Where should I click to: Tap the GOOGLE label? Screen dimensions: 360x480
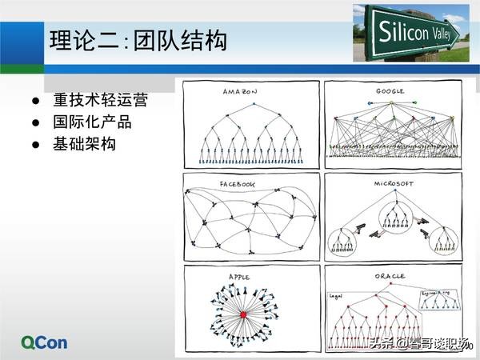tap(390, 92)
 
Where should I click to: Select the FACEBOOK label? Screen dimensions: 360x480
tap(238, 185)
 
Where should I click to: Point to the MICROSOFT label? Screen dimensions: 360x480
tap(392, 184)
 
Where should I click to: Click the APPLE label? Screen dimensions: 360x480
tap(239, 277)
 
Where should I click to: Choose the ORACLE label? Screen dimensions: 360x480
tap(390, 277)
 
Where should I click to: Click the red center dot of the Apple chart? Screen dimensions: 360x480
tap(242, 317)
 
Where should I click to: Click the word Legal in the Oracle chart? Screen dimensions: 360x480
tap(336, 295)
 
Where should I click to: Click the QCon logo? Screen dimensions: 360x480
tap(46, 342)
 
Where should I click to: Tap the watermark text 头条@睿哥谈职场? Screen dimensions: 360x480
tap(415, 345)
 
